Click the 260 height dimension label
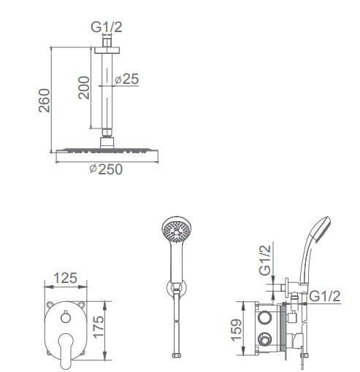(45, 101)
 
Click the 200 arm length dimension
(84, 88)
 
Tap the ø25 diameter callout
(126, 79)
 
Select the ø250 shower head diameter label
(106, 169)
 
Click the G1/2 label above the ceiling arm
(106, 27)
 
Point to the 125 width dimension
(65, 278)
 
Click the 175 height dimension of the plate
(99, 327)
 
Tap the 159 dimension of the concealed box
(237, 330)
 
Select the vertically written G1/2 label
(265, 260)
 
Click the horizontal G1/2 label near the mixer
(325, 296)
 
